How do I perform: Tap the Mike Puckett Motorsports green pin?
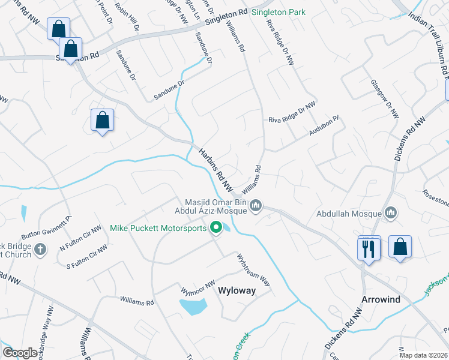[215, 228]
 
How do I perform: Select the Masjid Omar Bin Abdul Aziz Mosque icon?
[256, 206]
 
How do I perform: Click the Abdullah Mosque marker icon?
[391, 213]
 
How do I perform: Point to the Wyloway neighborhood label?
[237, 290]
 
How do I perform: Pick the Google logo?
[20, 353]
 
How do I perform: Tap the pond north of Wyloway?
[193, 307]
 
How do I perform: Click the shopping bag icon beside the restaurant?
[400, 247]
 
